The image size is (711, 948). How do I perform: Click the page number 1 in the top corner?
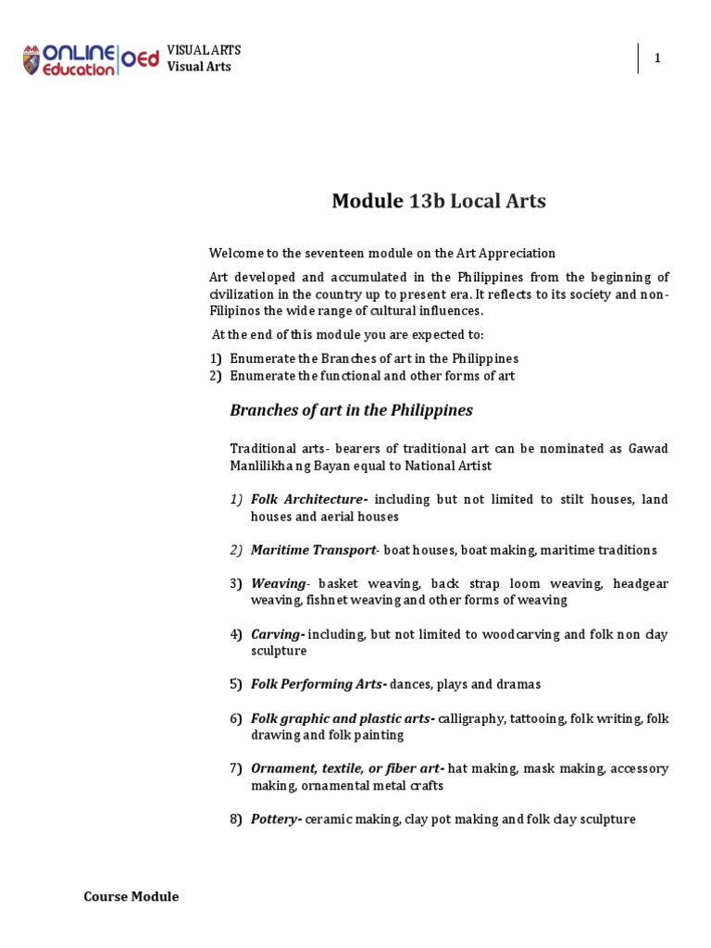click(x=657, y=58)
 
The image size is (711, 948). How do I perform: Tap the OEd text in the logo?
click(x=141, y=60)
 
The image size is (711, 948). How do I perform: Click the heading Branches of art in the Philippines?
click(x=351, y=409)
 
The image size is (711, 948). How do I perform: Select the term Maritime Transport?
click(x=313, y=550)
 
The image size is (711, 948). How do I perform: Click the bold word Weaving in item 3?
click(x=278, y=583)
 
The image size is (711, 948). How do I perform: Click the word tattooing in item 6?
click(x=536, y=717)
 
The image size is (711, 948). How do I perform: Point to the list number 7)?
click(x=236, y=768)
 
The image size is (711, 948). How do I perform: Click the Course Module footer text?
click(x=131, y=896)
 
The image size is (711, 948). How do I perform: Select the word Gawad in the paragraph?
click(x=647, y=448)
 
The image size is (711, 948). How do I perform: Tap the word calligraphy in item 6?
click(x=469, y=717)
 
